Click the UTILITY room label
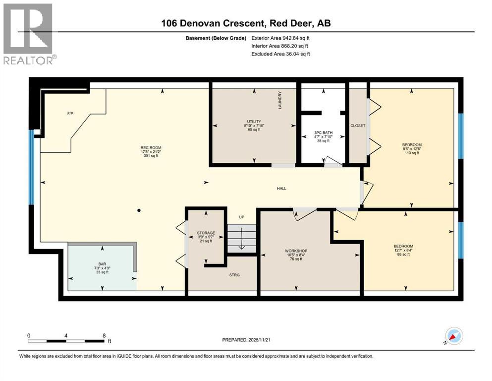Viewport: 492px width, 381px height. [x=254, y=122]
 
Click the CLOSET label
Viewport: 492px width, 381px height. [x=357, y=126]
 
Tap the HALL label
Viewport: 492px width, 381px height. [x=281, y=188]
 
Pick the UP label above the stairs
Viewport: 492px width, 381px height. [x=241, y=217]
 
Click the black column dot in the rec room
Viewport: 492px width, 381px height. [x=139, y=210]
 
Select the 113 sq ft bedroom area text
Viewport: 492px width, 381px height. [x=411, y=153]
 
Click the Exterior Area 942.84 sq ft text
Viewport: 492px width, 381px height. [x=281, y=38]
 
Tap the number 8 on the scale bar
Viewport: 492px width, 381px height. [x=103, y=335]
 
